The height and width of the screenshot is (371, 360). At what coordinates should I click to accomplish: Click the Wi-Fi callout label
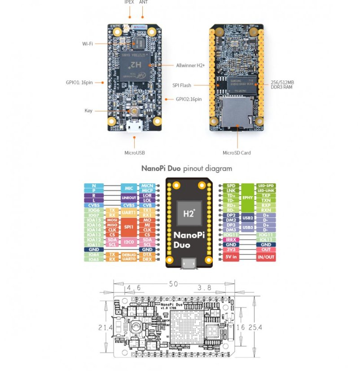[87, 44]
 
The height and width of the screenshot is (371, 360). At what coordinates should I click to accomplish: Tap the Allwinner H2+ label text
[190, 66]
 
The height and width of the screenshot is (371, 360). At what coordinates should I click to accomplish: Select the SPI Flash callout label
[182, 85]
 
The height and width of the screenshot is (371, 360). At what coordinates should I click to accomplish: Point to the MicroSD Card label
[237, 153]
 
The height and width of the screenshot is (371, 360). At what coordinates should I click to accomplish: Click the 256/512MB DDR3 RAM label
[282, 84]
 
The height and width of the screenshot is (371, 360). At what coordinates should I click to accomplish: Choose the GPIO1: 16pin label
[78, 82]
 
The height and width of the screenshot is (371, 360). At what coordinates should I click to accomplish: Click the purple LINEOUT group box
[129, 198]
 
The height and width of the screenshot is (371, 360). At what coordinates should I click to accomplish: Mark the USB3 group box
[247, 227]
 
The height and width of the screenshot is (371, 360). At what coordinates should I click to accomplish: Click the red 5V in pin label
[231, 257]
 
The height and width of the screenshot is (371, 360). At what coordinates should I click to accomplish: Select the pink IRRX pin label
[231, 240]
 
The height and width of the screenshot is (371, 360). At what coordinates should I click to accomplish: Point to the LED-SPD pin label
[266, 185]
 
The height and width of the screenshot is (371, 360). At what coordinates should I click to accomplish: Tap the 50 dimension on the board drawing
[174, 284]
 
